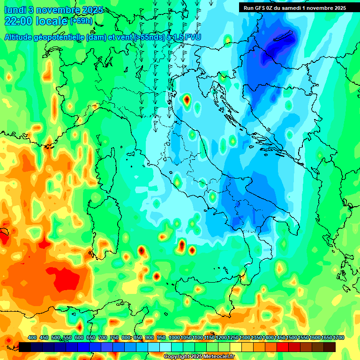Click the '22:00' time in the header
(18, 21)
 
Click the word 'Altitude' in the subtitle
(21, 37)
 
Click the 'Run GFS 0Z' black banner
(294, 7)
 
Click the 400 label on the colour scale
(32, 338)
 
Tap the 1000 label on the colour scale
(174, 338)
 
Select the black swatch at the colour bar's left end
(25, 347)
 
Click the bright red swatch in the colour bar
(283, 347)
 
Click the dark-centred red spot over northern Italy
(187, 99)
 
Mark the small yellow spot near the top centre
(228, 40)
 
